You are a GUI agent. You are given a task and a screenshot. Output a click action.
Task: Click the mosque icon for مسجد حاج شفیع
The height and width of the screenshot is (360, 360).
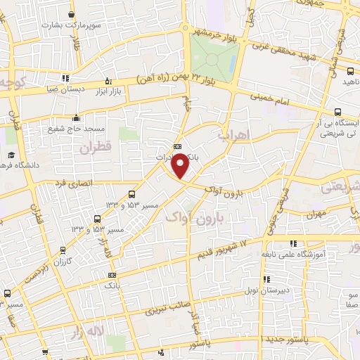[x=77, y=117]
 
